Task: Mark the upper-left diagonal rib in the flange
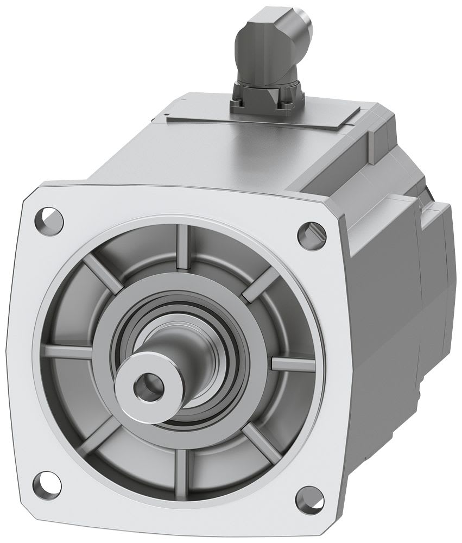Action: coord(101,271)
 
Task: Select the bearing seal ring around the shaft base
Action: coord(217,348)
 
